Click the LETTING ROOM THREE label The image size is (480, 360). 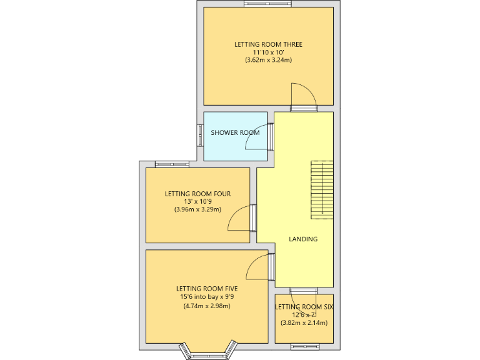point(268,44)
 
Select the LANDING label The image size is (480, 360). point(303,239)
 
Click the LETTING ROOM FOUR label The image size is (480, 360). point(197,194)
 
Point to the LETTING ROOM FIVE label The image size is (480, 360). point(206,289)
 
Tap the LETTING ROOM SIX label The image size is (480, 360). point(304,307)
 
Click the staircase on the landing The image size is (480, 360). point(322,189)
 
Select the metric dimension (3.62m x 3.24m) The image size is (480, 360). point(268,61)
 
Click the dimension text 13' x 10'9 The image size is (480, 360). point(197,202)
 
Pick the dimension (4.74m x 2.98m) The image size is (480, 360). point(206,306)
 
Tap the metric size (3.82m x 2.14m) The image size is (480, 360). point(304,323)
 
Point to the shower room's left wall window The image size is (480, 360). point(201,134)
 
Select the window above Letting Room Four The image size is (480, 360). point(172,164)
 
